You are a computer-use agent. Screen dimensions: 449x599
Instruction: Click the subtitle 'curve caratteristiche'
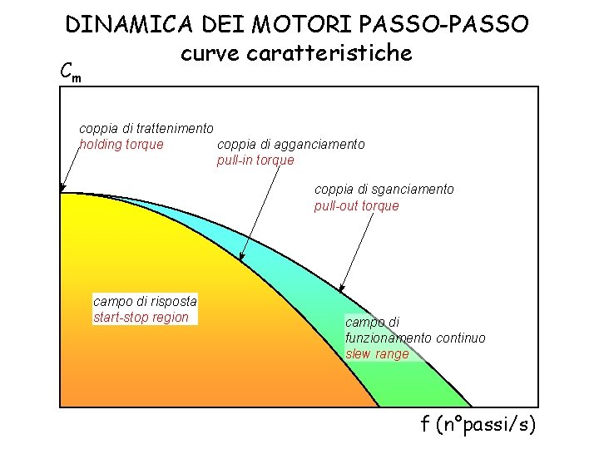point(296,53)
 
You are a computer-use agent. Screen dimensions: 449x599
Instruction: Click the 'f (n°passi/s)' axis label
point(478,426)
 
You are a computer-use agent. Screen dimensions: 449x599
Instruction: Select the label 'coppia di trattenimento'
point(146,129)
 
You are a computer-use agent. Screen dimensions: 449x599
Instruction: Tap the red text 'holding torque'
point(121,145)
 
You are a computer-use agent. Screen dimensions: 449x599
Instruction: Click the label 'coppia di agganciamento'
point(290,145)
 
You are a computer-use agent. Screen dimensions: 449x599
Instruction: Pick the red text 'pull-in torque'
point(255,160)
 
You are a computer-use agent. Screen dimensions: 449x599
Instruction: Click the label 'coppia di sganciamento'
point(384,190)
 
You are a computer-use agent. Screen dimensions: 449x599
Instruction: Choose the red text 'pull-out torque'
point(356,205)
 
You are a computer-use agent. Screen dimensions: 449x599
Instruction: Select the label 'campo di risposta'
point(145,301)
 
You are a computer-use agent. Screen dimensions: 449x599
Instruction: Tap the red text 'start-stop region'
point(141,317)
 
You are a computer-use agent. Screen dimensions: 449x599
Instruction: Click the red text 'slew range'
point(377,353)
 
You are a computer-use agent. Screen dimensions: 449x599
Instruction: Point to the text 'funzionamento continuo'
point(415,338)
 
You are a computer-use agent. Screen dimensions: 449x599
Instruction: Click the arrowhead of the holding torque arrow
point(62,189)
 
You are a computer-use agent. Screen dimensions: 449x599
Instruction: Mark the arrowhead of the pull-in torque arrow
point(242,258)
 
